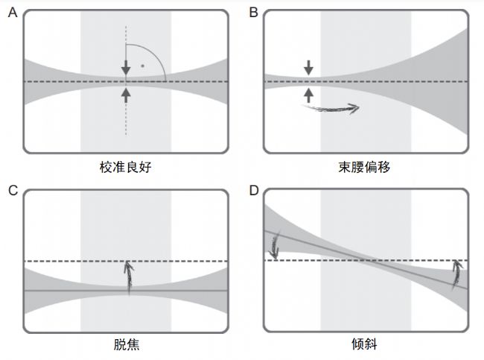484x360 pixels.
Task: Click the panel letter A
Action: pos(12,13)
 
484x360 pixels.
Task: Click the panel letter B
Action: pos(253,13)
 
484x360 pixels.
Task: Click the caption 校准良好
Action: pos(125,167)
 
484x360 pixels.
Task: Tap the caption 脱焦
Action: pos(125,345)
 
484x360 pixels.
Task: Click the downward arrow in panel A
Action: pos(126,68)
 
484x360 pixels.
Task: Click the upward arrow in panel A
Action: pos(126,94)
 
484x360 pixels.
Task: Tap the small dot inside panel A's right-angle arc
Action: pos(142,66)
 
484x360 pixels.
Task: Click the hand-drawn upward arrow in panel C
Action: pos(130,276)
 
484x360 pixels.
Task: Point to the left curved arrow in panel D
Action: pos(275,247)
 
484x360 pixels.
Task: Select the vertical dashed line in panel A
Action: pos(126,119)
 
